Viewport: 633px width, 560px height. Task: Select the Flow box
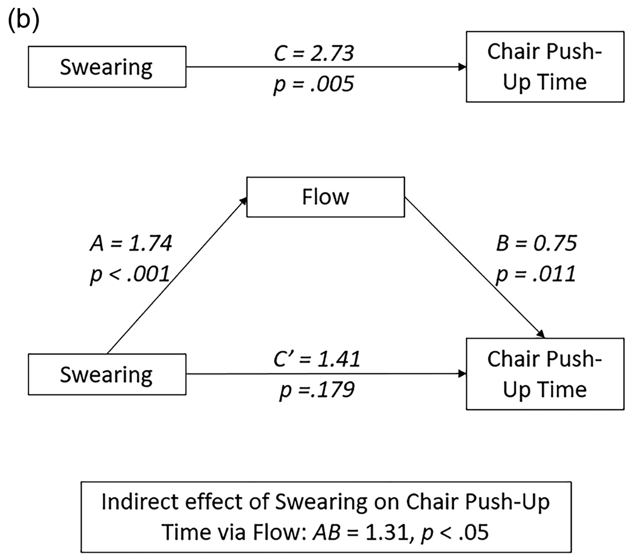point(325,197)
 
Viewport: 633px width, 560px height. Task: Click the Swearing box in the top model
point(107,67)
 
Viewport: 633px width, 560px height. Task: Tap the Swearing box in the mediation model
point(107,375)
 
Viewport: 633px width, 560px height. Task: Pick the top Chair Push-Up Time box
point(544,67)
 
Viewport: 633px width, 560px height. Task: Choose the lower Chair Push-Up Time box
point(544,374)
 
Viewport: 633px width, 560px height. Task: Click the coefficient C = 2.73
point(314,53)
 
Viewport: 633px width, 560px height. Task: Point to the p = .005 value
point(314,84)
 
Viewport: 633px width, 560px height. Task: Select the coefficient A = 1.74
point(131,244)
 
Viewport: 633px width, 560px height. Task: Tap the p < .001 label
point(130,275)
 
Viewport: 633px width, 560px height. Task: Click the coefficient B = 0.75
point(536,243)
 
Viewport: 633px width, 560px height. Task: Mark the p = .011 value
point(536,275)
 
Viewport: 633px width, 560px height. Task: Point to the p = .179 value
point(317,390)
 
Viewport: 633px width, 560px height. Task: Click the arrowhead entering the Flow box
point(244,200)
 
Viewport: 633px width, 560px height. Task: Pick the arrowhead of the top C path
point(462,67)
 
